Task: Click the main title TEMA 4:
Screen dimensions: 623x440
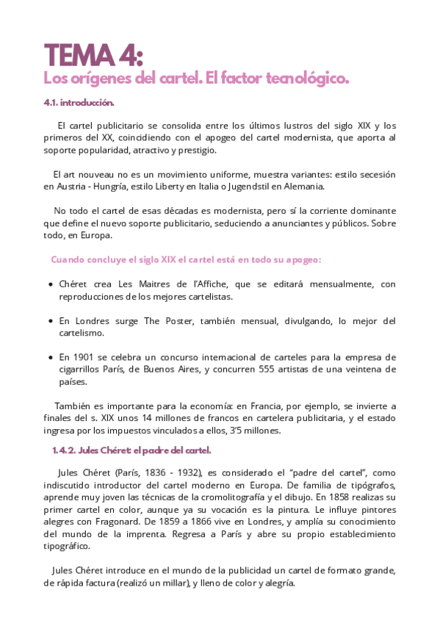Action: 93,55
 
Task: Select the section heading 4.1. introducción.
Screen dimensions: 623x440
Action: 79,103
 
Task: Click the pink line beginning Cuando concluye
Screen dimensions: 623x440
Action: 186,259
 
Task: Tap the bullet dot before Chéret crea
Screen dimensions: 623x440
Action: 49,285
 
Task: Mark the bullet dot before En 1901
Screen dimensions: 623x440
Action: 49,358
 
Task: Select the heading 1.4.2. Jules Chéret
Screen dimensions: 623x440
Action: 131,450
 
